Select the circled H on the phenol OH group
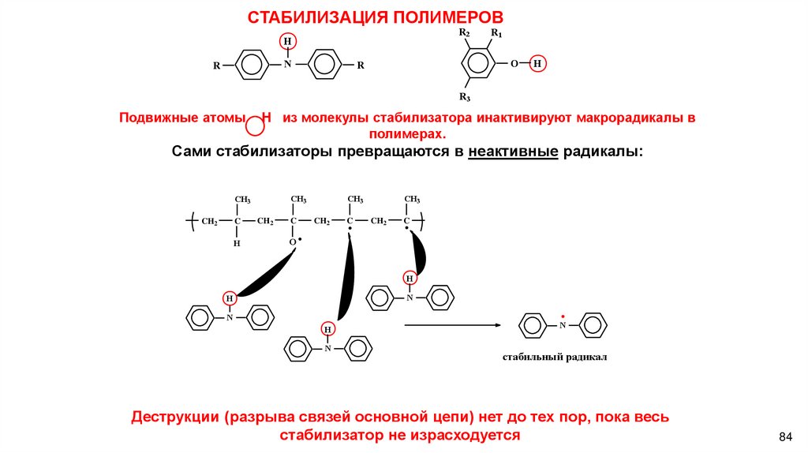click(537, 63)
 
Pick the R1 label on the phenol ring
click(496, 32)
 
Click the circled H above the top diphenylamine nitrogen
click(288, 42)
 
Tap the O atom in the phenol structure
click(514, 63)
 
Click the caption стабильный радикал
click(555, 357)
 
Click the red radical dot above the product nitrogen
click(563, 315)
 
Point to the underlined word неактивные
click(514, 151)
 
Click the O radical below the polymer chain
click(294, 241)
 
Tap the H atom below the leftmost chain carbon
click(236, 244)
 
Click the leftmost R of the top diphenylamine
click(216, 66)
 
